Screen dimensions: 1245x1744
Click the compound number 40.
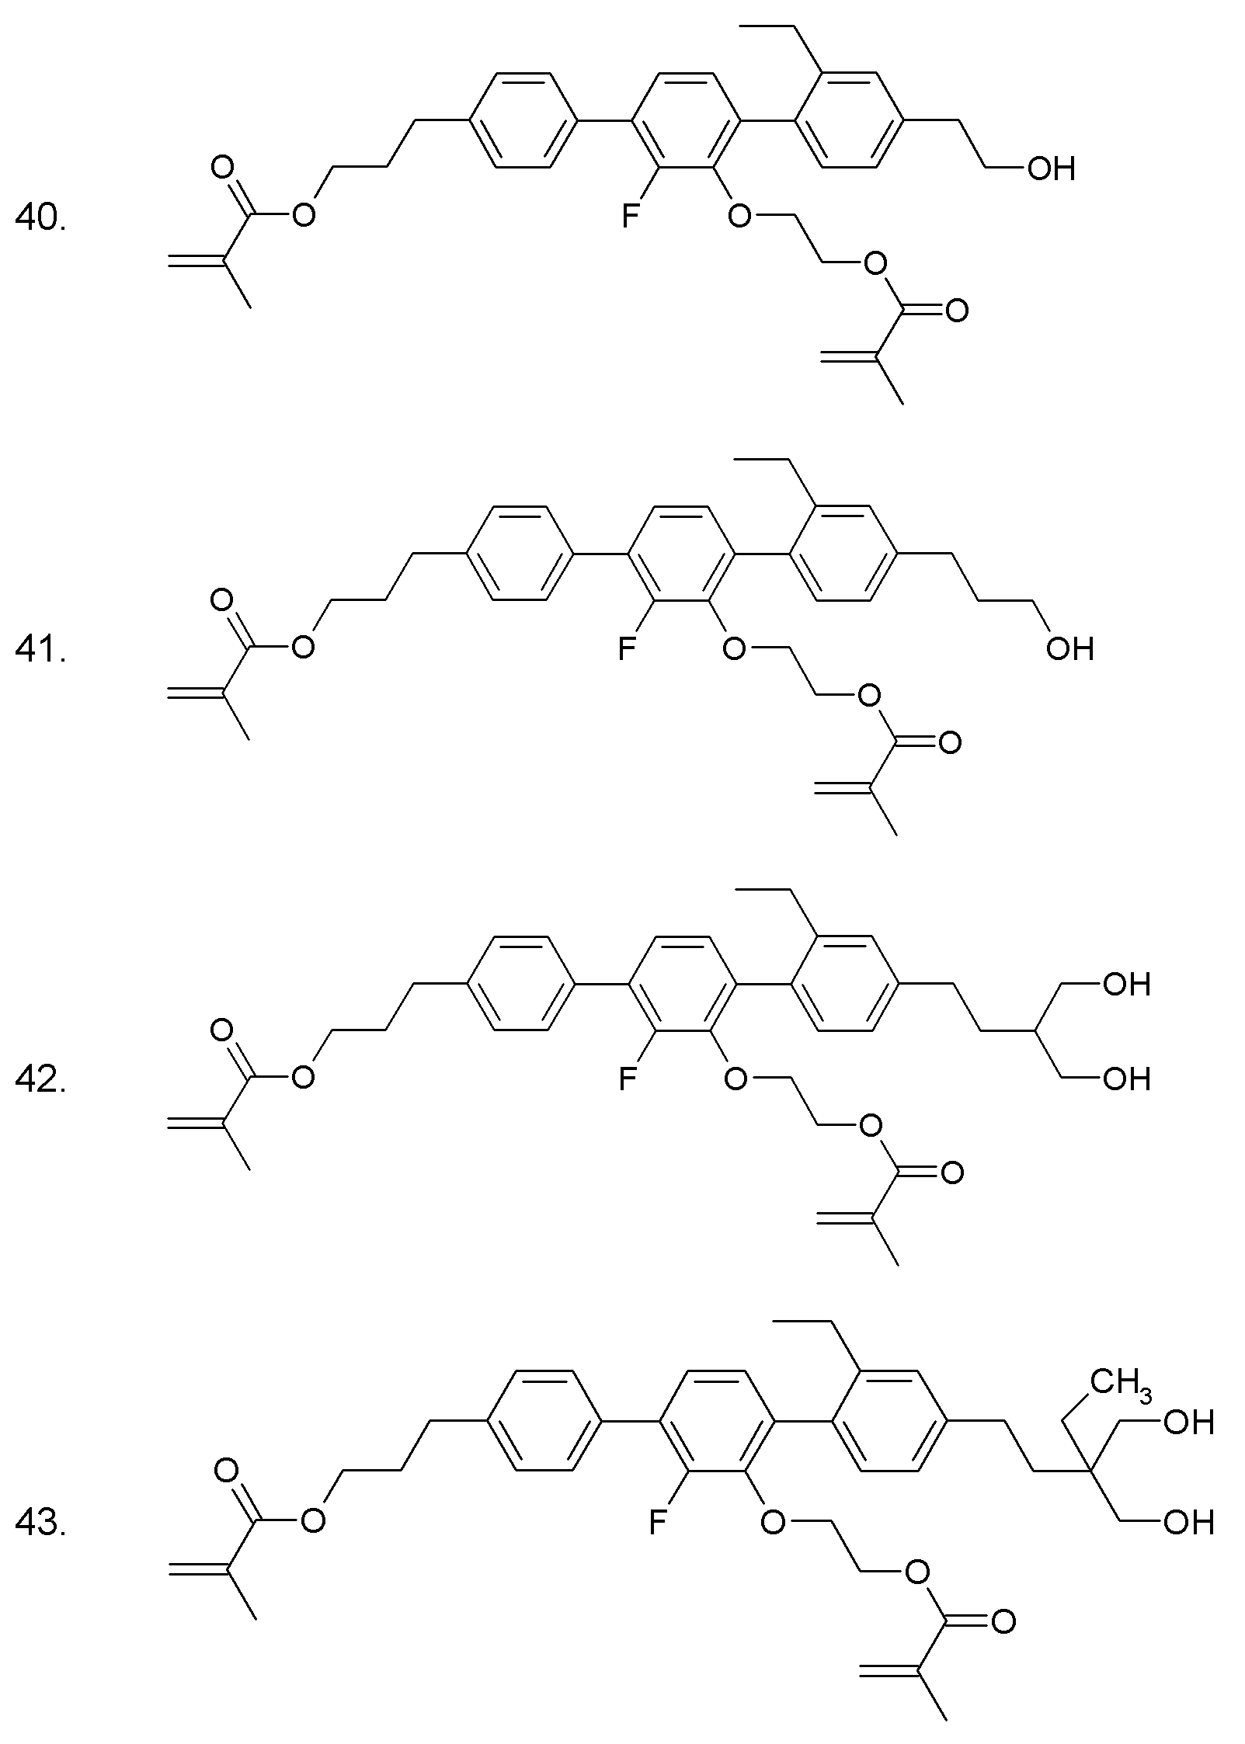[x=40, y=219]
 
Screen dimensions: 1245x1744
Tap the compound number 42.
[x=40, y=1080]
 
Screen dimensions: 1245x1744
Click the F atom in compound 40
[x=630, y=216]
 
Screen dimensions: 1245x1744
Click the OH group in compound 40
[x=1052, y=168]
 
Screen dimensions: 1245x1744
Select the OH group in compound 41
[x=1069, y=648]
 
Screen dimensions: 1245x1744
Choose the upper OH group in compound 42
[x=1126, y=985]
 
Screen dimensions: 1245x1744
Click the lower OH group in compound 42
[x=1126, y=1079]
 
